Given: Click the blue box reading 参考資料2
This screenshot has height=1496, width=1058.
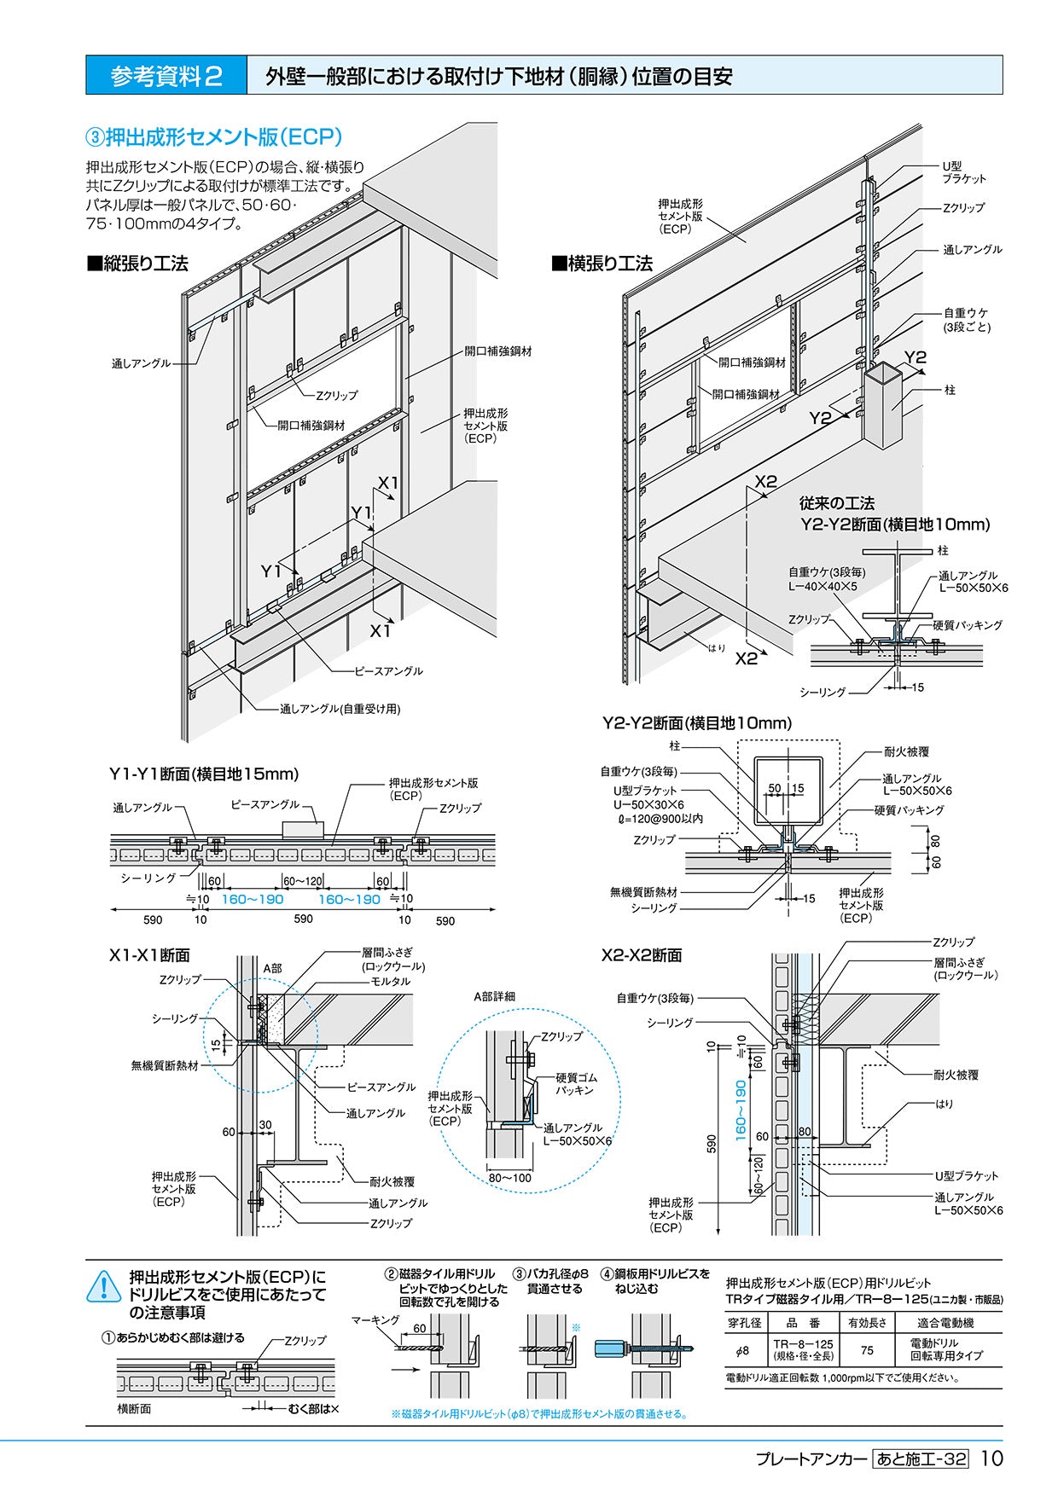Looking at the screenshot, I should tap(166, 76).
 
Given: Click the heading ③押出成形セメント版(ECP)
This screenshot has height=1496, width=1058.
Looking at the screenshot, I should tap(214, 136).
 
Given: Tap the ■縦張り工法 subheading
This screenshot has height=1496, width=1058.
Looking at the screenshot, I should tap(137, 264).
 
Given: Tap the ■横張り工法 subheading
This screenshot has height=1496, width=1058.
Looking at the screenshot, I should tap(602, 264).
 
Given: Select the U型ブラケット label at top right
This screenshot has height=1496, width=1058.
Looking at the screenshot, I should tap(963, 172).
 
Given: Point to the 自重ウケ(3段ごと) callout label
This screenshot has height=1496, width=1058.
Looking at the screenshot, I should tap(966, 320).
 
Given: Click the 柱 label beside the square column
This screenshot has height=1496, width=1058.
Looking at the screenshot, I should tap(950, 390).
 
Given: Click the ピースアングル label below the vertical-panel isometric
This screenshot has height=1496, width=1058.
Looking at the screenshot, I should tap(388, 671).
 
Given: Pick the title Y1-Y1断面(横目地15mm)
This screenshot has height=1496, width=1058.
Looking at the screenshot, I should tap(204, 774).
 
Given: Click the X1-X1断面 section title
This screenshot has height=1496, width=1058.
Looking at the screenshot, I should tap(149, 955).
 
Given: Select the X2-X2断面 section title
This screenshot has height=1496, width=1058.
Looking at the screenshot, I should tap(642, 955).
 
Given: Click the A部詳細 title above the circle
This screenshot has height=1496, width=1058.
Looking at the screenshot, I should tap(495, 996).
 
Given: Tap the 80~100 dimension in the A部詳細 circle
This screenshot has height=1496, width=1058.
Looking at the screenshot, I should tap(509, 1178).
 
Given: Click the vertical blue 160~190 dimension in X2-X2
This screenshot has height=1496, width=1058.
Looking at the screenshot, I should tap(740, 1110).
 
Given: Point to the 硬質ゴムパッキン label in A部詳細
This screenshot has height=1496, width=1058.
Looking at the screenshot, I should tap(576, 1084).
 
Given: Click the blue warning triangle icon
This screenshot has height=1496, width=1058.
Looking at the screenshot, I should tap(104, 1286).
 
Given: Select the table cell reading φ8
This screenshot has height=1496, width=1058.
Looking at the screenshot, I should tap(741, 1350).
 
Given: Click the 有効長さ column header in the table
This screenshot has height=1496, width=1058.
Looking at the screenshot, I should tap(867, 1323).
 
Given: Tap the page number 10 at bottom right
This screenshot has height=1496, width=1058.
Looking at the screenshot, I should tap(991, 1458).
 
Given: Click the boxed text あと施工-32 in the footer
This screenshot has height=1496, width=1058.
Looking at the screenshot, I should tap(921, 1458).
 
